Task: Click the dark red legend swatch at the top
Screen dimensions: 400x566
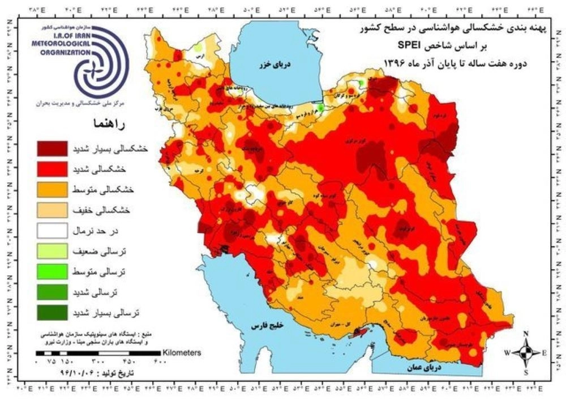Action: (x=52, y=148)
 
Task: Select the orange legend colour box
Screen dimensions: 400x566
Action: (x=52, y=189)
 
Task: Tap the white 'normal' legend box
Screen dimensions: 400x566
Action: (x=52, y=231)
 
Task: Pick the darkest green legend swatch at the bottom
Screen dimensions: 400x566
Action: (x=52, y=312)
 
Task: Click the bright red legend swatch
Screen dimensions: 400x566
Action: (x=52, y=169)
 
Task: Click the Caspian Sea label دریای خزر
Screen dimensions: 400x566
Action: (x=277, y=63)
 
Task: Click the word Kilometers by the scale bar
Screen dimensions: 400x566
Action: (x=182, y=352)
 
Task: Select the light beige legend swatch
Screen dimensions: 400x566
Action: (x=52, y=210)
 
